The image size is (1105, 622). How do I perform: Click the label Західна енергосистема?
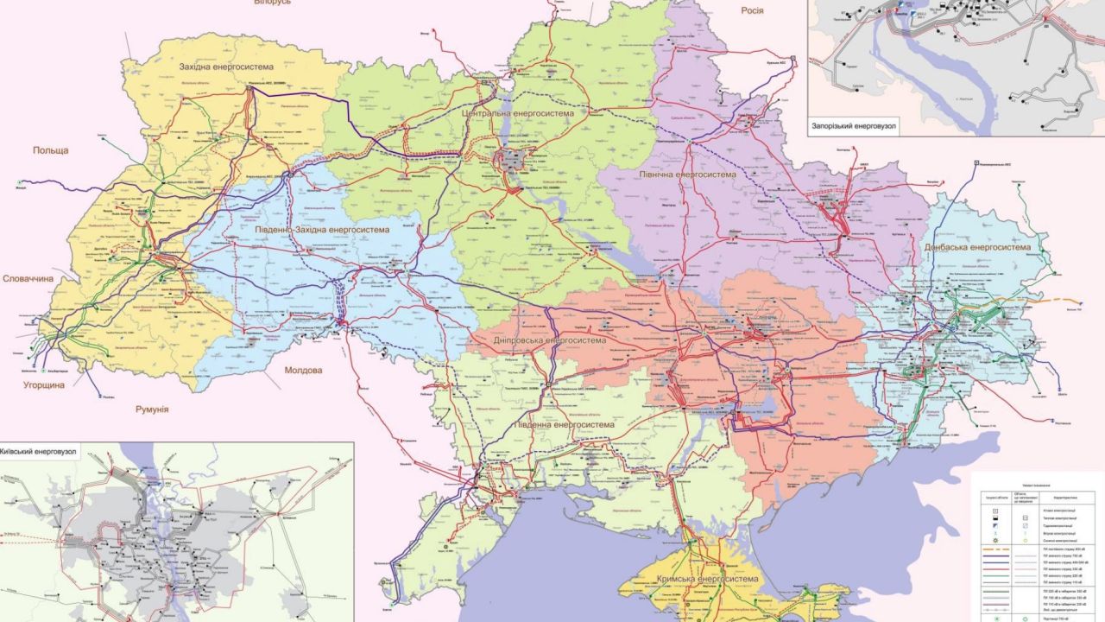point(226,67)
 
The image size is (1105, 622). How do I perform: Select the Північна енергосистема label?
point(688,175)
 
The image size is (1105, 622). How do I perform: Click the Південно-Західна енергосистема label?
point(322,230)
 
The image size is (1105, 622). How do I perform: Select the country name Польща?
point(50,150)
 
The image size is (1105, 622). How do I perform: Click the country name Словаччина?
point(28,279)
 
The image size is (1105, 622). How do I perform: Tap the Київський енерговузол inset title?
point(39,451)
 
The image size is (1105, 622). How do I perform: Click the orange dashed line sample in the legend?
point(1003,549)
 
